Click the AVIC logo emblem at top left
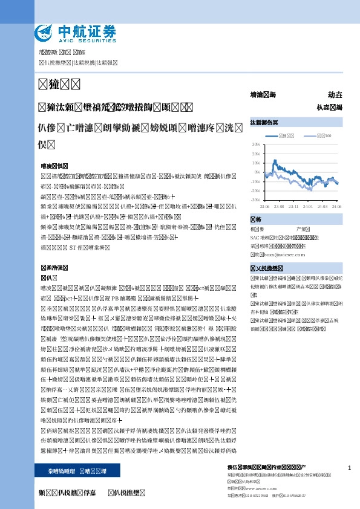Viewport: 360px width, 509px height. (x=44, y=31)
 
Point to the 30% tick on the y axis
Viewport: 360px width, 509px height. (x=257, y=145)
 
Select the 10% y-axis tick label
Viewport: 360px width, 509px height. (x=257, y=163)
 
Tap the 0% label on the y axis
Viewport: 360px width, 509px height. (x=257, y=172)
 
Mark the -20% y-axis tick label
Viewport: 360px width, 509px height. (x=256, y=190)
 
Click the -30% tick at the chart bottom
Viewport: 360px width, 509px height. (x=256, y=199)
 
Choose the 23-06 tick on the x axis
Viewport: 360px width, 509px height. (x=264, y=206)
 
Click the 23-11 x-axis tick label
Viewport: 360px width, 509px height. (x=293, y=206)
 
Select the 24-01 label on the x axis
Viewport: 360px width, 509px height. (x=308, y=206)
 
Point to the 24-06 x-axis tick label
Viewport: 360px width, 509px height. (x=336, y=206)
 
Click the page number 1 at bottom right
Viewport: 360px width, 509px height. (x=350, y=468)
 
